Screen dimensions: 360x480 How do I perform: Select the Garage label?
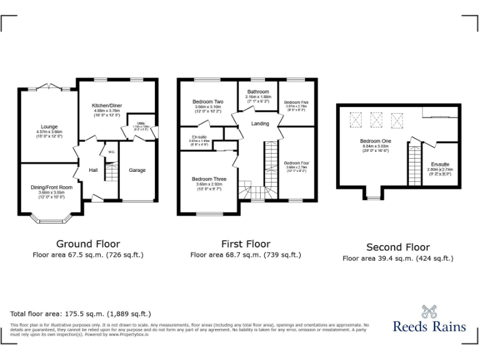(x=137, y=170)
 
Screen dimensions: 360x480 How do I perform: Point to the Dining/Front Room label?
(x=52, y=187)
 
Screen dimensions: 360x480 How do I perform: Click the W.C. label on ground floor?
(x=111, y=152)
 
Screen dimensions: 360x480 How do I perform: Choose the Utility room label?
(x=141, y=123)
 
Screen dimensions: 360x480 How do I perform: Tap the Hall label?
(x=93, y=170)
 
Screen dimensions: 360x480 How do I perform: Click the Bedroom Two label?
(x=207, y=102)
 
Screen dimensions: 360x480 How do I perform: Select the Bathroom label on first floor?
(x=257, y=92)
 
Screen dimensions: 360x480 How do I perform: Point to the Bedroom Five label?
(x=296, y=102)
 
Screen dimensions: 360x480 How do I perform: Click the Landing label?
(x=260, y=124)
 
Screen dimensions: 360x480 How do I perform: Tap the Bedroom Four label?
(x=296, y=162)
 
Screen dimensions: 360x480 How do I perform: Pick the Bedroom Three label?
(x=209, y=179)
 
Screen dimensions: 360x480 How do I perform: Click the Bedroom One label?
(x=374, y=141)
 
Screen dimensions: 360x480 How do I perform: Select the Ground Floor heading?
(x=88, y=244)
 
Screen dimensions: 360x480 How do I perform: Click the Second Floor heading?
(x=398, y=247)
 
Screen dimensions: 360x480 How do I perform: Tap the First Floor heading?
(x=246, y=244)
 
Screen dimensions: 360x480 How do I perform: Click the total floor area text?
(x=81, y=314)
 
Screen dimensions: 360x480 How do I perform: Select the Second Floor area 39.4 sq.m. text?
(x=398, y=258)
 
